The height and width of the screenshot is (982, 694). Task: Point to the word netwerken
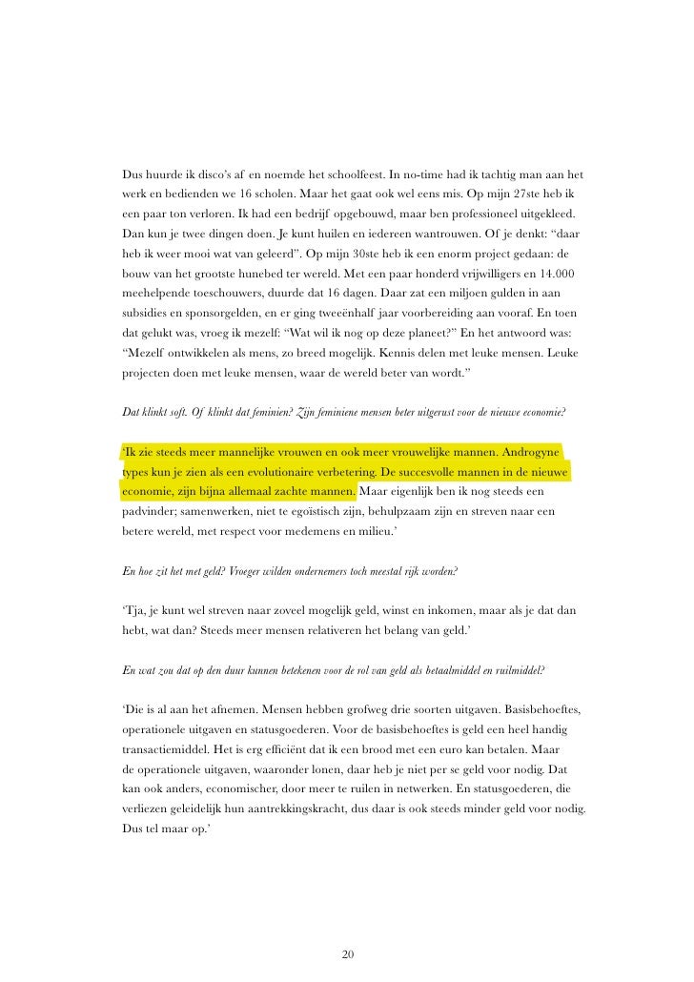click(429, 790)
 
